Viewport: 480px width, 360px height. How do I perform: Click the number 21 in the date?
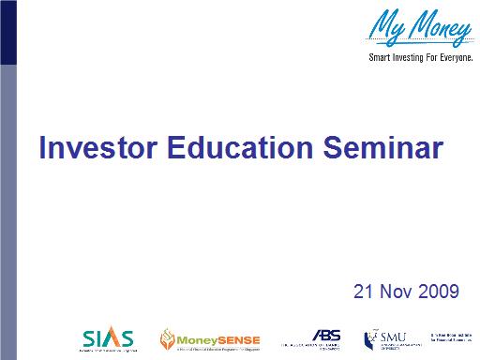[364, 292]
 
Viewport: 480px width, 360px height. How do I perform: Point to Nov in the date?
[397, 292]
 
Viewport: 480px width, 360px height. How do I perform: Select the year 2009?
[440, 292]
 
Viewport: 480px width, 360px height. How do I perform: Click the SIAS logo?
[107, 337]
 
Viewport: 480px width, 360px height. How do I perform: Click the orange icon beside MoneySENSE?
[167, 337]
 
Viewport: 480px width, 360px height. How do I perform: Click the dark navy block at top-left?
[7, 33]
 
